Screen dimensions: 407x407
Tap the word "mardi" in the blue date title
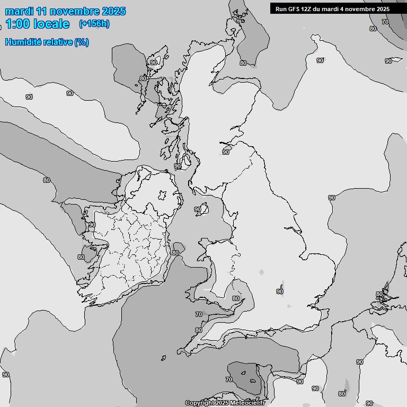pyautogui.click(x=20, y=11)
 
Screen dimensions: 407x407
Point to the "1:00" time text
pyautogui.click(x=17, y=24)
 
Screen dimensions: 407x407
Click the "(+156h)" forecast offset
pyautogui.click(x=94, y=24)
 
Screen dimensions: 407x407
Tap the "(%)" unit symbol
pyautogui.click(x=82, y=42)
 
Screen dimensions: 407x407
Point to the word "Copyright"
pyautogui.click(x=200, y=403)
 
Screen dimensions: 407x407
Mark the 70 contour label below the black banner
pyautogui.click(x=385, y=22)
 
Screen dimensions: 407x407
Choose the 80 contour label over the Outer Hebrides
pyautogui.click(x=143, y=78)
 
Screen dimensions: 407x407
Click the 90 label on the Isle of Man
pyautogui.click(x=198, y=209)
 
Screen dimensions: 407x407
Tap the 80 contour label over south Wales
pyautogui.click(x=236, y=298)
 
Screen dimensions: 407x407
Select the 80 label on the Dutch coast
pyautogui.click(x=379, y=294)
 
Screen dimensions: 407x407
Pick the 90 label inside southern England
pyautogui.click(x=280, y=291)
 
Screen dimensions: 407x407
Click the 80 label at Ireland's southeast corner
pyautogui.click(x=175, y=253)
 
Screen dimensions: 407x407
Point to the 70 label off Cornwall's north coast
pyautogui.click(x=199, y=314)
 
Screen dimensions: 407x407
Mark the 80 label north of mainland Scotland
pyautogui.click(x=243, y=63)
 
